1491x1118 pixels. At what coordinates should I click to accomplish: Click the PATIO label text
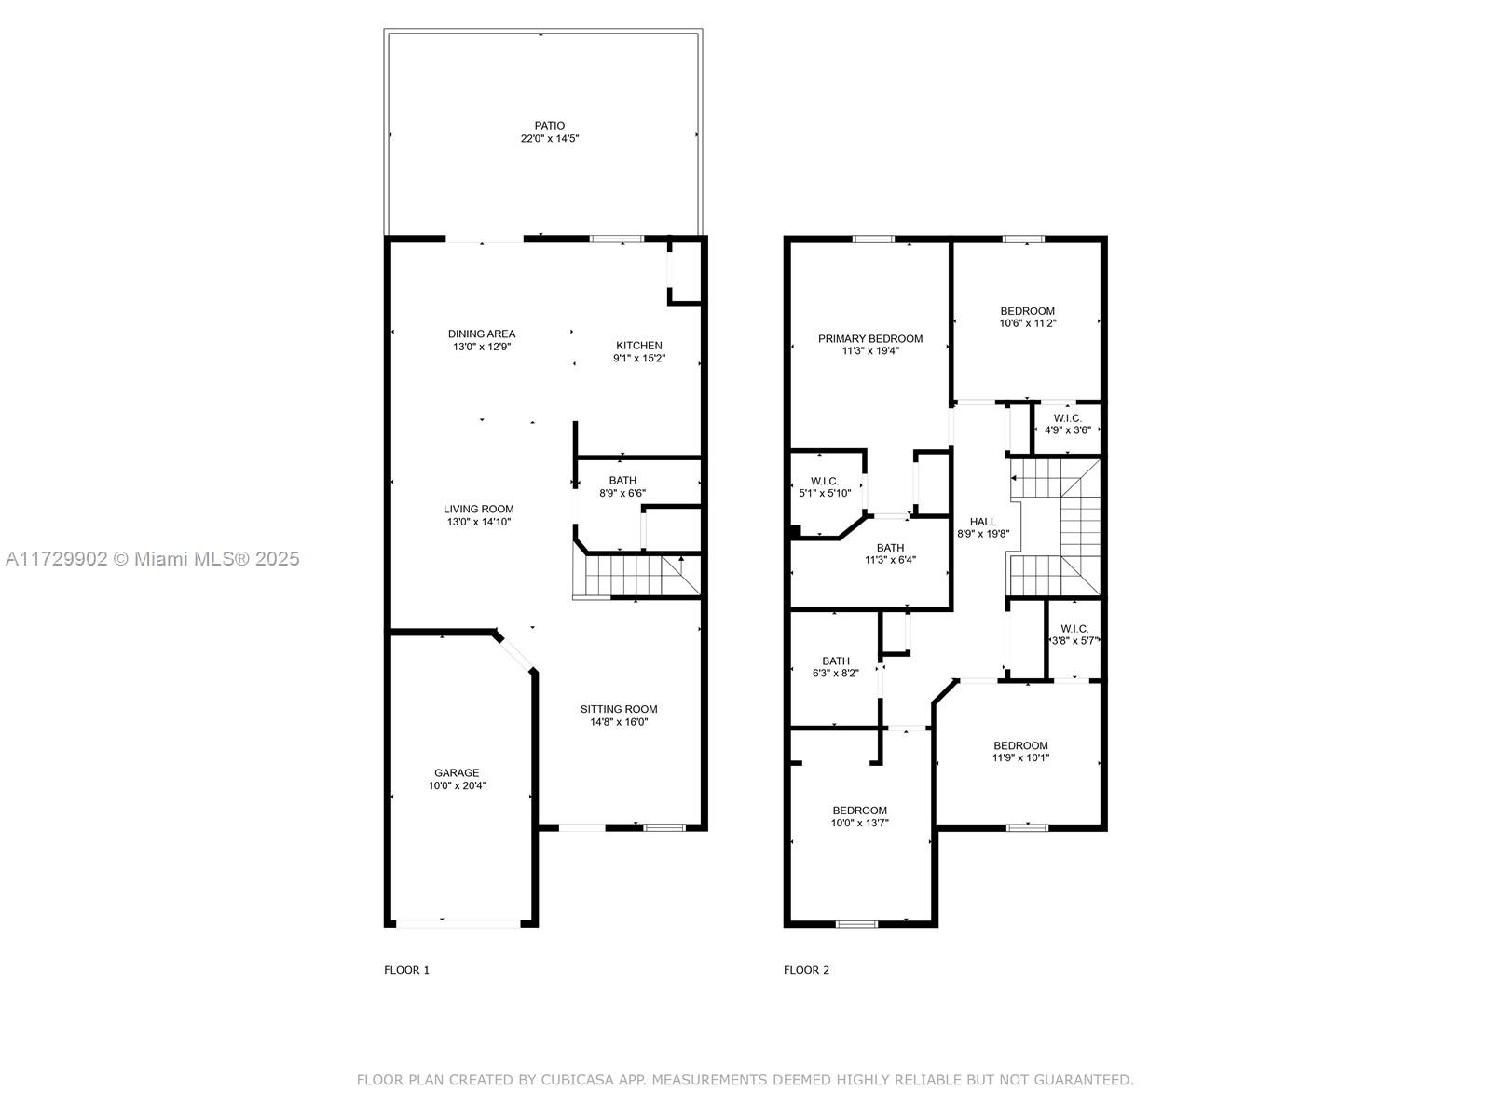coord(549,126)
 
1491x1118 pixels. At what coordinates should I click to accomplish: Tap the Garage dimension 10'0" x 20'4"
coord(457,785)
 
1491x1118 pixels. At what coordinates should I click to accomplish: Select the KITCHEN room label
coord(638,346)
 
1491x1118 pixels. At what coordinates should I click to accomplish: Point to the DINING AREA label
coord(481,334)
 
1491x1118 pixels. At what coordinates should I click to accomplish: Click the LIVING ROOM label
coord(478,509)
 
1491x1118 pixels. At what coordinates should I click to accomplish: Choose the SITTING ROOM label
coord(618,709)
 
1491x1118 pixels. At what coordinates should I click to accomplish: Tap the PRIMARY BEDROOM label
coord(869,339)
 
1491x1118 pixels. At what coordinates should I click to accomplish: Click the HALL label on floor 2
coord(982,522)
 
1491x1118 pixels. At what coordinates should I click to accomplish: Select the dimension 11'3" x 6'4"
coord(890,560)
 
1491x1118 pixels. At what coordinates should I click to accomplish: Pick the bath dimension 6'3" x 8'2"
coord(835,674)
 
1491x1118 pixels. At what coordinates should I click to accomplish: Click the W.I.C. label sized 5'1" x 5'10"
coord(824,482)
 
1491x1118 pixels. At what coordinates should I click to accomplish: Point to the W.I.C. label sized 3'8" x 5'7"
coord(1074,629)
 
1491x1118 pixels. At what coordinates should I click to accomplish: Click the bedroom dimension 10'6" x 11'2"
coord(1027,323)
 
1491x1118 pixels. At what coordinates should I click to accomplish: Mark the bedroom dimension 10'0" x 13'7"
coord(859,823)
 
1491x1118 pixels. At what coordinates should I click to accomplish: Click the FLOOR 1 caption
coord(406,970)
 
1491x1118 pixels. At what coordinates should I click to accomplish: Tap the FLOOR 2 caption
coord(806,970)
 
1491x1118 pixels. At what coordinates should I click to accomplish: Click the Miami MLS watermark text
coord(152,559)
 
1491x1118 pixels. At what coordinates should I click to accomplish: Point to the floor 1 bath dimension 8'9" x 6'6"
coord(622,494)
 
